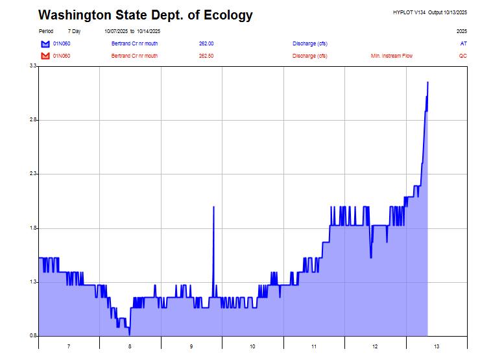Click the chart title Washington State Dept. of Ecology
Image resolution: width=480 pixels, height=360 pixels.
click(x=145, y=15)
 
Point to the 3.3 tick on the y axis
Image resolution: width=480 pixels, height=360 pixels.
click(x=32, y=66)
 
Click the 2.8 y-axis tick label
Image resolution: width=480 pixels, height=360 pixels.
click(x=32, y=120)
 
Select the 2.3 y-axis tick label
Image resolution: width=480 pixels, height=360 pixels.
click(x=32, y=174)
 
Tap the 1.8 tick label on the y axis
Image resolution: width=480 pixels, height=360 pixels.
click(x=32, y=228)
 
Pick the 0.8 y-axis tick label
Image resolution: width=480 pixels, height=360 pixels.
click(x=32, y=335)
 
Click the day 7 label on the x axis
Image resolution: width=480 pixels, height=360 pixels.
click(x=69, y=346)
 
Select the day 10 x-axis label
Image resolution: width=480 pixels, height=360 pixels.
click(x=252, y=346)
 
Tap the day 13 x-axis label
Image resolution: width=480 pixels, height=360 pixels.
click(x=437, y=346)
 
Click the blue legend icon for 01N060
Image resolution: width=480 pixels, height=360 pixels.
click(x=45, y=43)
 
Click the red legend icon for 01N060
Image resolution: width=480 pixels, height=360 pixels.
click(x=45, y=56)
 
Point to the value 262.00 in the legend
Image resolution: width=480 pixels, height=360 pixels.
click(x=206, y=43)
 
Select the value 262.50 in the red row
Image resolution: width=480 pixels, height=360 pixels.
click(x=206, y=56)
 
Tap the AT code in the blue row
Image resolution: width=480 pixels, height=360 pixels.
click(x=463, y=43)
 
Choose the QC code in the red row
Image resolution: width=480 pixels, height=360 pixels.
click(x=463, y=56)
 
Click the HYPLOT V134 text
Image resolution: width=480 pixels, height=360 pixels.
click(x=407, y=12)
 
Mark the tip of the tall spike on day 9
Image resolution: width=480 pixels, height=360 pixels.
click(x=213, y=206)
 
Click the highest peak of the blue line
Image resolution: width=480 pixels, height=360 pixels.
click(x=427, y=82)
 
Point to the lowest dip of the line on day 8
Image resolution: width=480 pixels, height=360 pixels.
click(x=130, y=334)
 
